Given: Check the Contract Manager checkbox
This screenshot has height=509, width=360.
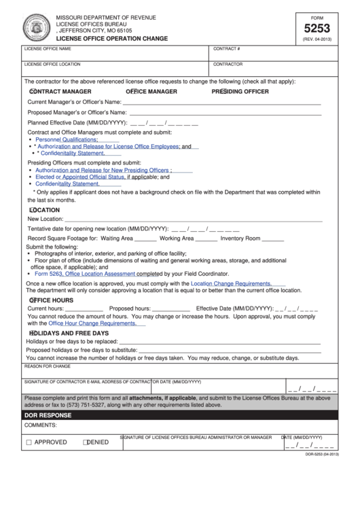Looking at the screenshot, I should pyautogui.click(x=33, y=91).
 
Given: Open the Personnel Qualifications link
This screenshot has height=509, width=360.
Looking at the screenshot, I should pyautogui.click(x=67, y=139).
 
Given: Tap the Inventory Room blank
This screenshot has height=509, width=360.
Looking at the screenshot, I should pyautogui.click(x=272, y=239).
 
